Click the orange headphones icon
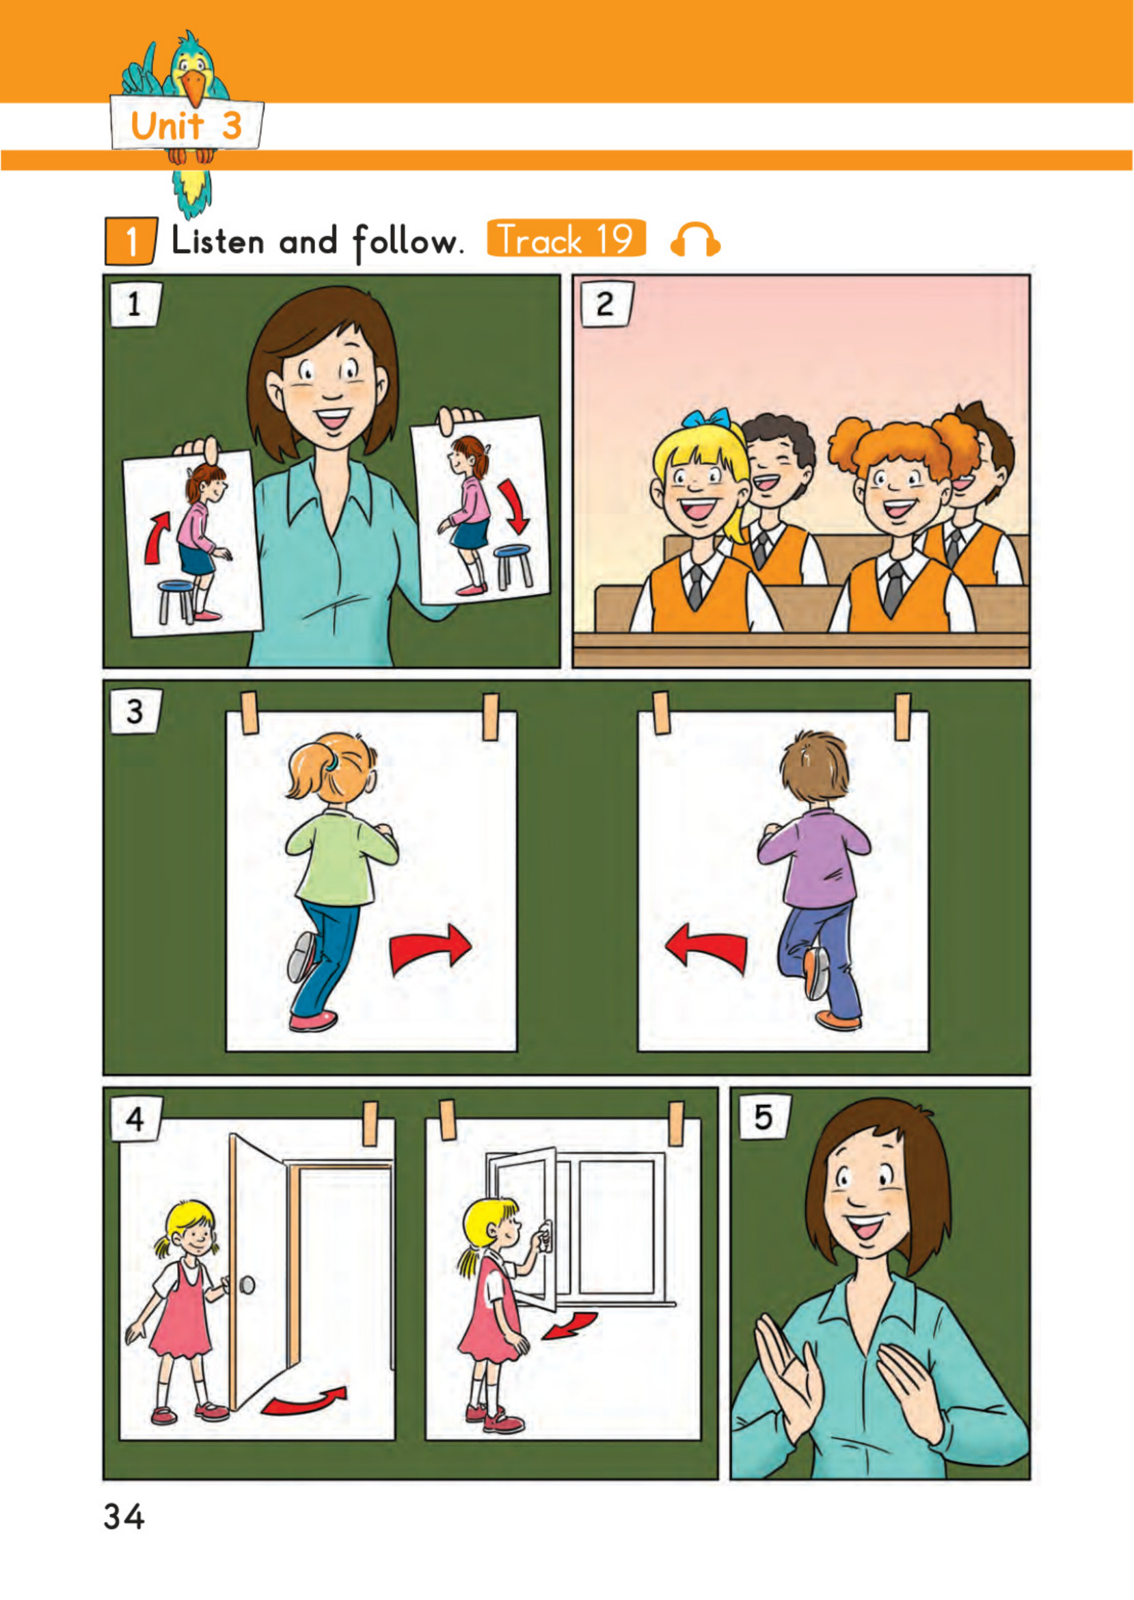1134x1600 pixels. (694, 239)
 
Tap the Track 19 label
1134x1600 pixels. (565, 238)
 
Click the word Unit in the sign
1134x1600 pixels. (167, 126)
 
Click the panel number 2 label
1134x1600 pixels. (606, 304)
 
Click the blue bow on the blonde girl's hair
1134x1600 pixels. (706, 419)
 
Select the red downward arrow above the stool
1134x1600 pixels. (514, 507)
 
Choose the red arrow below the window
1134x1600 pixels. (569, 1326)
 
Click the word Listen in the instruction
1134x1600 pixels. (218, 241)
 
